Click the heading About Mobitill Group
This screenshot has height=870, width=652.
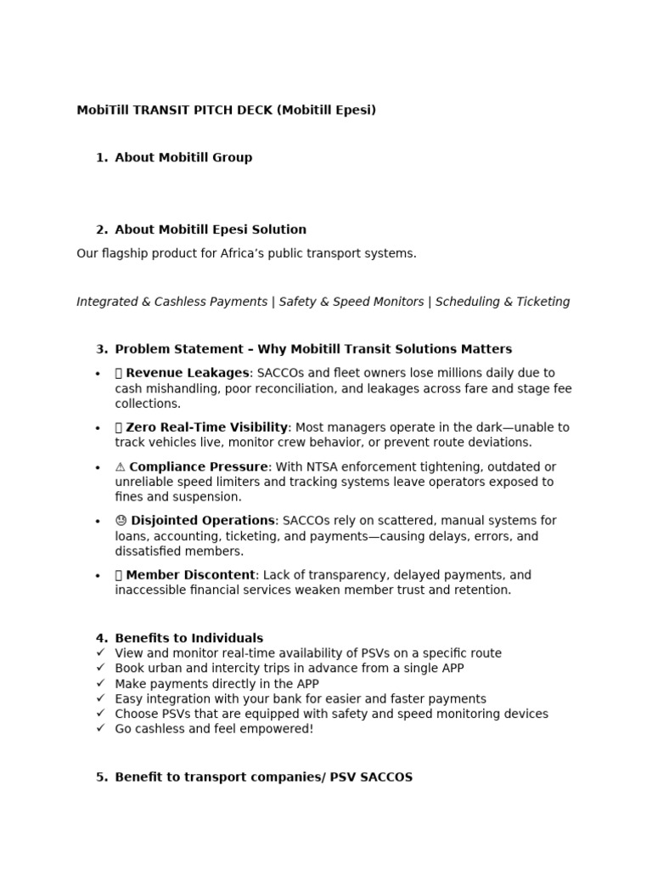click(x=183, y=157)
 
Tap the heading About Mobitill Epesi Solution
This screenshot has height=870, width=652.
click(x=211, y=229)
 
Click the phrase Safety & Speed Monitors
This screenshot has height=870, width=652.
click(x=351, y=302)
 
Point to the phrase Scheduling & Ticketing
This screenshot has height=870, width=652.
click(x=503, y=302)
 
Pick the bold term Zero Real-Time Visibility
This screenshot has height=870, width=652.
click(x=207, y=427)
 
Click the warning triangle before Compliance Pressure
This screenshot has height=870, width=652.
click(x=120, y=466)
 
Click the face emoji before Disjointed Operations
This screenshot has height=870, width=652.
click(x=121, y=521)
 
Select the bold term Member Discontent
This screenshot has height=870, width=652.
click(x=190, y=575)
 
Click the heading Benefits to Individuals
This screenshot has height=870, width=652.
click(x=188, y=638)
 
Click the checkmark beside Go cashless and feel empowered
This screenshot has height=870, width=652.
click(x=101, y=729)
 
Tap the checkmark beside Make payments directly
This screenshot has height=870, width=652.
click(x=101, y=683)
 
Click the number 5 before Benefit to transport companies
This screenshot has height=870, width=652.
click(x=101, y=777)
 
